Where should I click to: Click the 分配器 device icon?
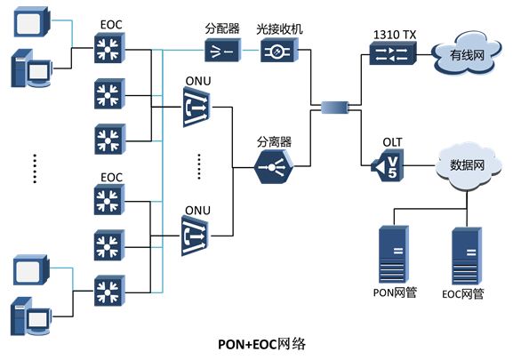click(x=223, y=50)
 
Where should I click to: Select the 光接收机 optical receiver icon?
click(x=279, y=50)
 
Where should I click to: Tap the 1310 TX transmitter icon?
click(x=393, y=53)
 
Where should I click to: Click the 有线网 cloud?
click(x=467, y=54)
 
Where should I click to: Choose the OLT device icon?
click(x=388, y=165)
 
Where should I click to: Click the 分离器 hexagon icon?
click(x=274, y=167)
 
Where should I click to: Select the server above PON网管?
click(x=394, y=254)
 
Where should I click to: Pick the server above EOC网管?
click(x=467, y=256)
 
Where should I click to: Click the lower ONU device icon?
click(x=196, y=236)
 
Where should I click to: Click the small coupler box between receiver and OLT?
click(x=334, y=107)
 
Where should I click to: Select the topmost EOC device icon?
click(x=109, y=48)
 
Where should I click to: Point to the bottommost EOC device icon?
click(x=109, y=291)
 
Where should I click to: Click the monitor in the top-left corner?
click(x=32, y=22)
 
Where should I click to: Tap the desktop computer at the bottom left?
click(x=31, y=316)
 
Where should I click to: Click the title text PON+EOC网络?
click(x=262, y=344)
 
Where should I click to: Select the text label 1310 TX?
click(x=395, y=35)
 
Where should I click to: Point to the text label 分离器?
click(x=274, y=142)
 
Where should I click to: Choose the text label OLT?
click(x=392, y=142)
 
